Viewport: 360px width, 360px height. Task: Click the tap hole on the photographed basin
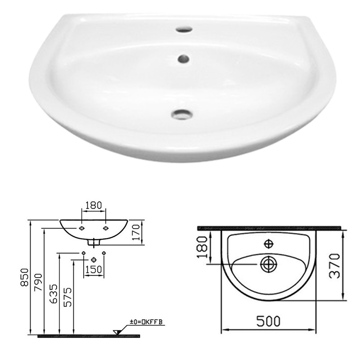184,30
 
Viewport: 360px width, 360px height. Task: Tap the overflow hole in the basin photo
183,58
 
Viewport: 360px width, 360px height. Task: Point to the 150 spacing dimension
93,270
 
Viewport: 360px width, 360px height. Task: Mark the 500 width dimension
268,321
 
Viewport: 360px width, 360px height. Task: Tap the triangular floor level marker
117,332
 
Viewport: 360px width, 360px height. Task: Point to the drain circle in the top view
269,264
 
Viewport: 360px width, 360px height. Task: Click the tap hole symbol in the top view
269,243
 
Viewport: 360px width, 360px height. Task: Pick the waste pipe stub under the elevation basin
94,242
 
